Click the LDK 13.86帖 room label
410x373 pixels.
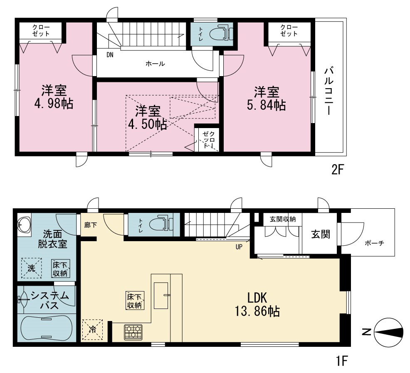(x=257, y=304)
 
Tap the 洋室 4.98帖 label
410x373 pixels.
(x=54, y=97)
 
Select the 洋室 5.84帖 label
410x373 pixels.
(x=267, y=99)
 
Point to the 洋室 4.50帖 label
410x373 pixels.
(x=147, y=118)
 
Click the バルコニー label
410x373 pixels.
(x=329, y=91)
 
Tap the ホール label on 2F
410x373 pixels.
(x=155, y=64)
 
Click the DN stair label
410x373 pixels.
(x=110, y=55)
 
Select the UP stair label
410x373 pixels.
(x=239, y=247)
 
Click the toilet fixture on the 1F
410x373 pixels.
(x=161, y=224)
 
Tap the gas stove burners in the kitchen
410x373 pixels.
(x=133, y=332)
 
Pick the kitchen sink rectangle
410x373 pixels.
(x=161, y=296)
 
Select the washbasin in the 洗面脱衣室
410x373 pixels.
(x=24, y=225)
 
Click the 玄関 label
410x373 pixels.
(x=321, y=235)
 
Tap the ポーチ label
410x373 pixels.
(x=374, y=243)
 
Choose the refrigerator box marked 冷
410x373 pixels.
(x=93, y=330)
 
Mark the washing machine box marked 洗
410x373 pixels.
(x=31, y=268)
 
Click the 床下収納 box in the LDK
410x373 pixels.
(x=135, y=300)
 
